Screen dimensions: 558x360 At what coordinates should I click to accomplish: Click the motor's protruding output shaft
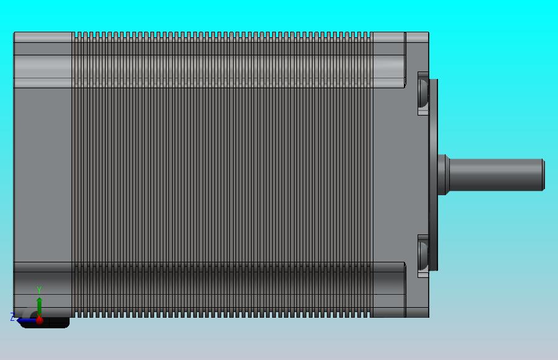496,175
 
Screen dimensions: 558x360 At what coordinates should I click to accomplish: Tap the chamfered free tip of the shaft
544,175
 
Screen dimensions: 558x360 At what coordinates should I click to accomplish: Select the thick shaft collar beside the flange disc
443,175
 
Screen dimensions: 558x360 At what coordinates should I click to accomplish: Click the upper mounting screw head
423,93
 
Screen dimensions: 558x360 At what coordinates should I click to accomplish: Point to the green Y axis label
39,290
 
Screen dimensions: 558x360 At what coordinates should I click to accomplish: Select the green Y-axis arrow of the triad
39,307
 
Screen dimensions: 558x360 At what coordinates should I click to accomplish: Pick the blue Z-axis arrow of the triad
26,321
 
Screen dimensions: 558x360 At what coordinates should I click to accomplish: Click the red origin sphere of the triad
40,320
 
